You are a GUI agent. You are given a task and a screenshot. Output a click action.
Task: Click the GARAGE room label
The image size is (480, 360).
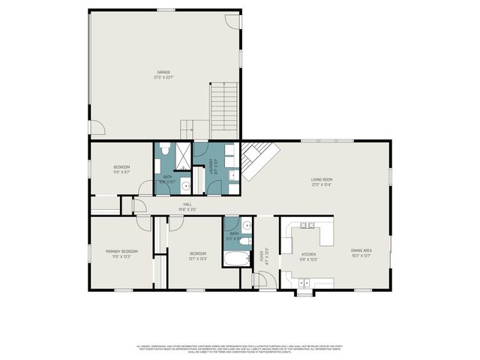pyautogui.click(x=163, y=72)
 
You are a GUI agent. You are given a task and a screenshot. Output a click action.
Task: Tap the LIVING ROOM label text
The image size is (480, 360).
pyautogui.click(x=322, y=179)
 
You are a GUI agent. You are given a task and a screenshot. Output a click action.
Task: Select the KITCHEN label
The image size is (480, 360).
pyautogui.click(x=308, y=254)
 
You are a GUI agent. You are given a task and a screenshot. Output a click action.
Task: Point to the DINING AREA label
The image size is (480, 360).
pyautogui.click(x=361, y=250)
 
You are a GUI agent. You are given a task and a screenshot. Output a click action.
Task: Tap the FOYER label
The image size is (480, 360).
pyautogui.click(x=262, y=255)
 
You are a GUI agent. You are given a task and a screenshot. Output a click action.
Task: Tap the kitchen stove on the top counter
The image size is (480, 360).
pyautogui.click(x=307, y=225)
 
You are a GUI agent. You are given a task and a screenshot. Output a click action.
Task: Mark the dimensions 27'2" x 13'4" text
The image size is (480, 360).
pyautogui.click(x=322, y=184)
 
